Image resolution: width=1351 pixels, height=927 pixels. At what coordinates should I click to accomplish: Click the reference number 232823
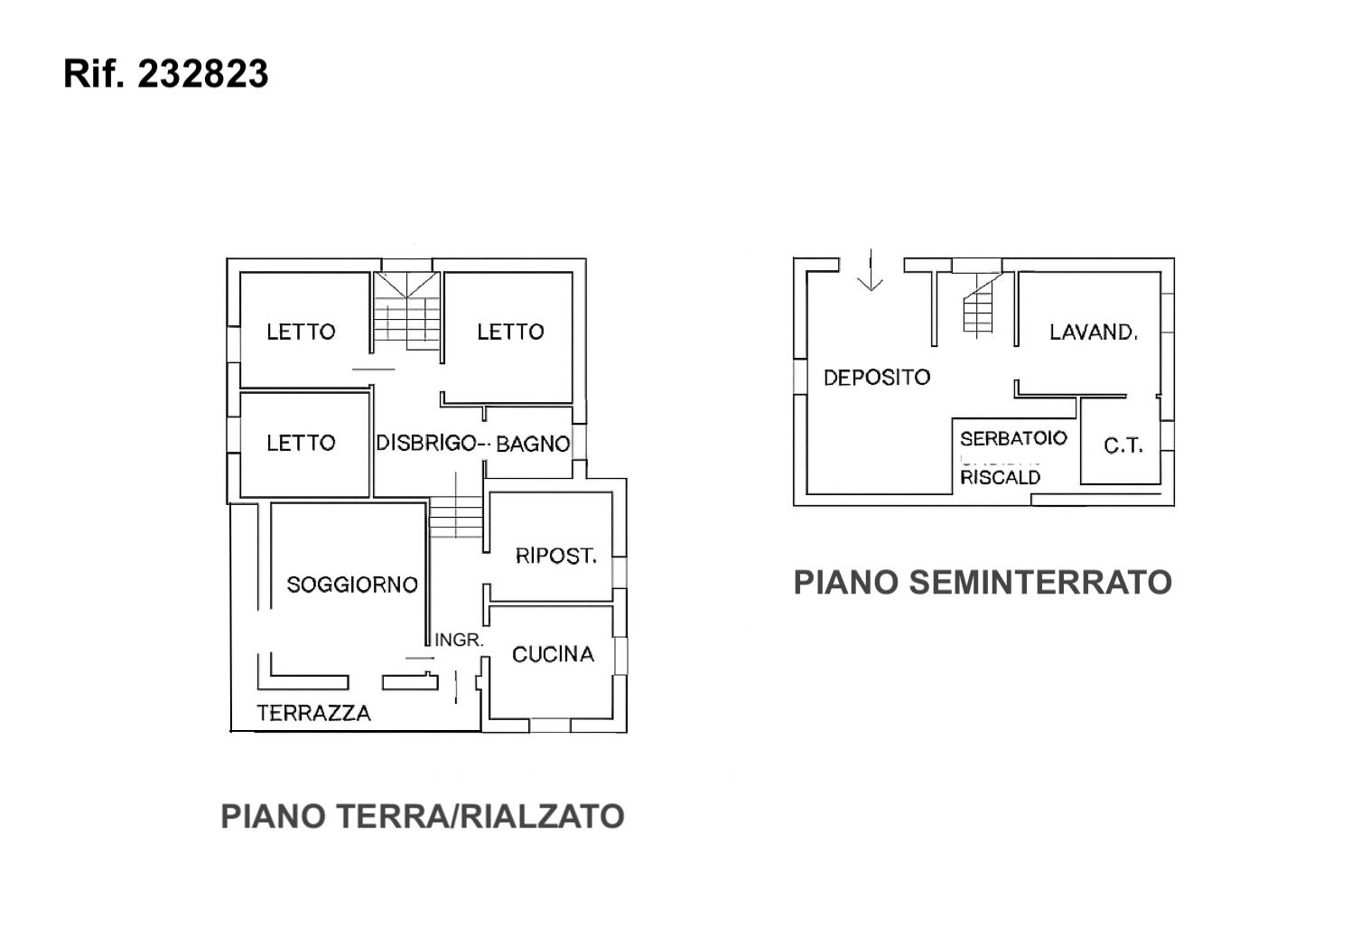(x=202, y=74)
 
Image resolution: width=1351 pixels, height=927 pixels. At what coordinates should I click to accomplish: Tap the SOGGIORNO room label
(x=352, y=585)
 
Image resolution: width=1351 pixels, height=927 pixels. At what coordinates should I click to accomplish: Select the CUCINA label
(x=553, y=654)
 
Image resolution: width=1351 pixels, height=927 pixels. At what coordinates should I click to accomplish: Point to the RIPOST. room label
(x=556, y=556)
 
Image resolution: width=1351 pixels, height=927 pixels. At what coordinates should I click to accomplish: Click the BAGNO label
(x=533, y=444)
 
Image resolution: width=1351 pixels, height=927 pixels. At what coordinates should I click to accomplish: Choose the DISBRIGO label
(x=425, y=443)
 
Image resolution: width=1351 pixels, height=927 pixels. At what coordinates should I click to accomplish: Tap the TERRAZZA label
(x=313, y=713)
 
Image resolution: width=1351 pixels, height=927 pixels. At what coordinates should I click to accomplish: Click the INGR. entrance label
(x=459, y=640)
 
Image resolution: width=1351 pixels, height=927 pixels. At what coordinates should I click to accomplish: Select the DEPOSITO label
(x=876, y=378)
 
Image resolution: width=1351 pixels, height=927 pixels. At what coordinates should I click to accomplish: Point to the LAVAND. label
(x=1093, y=332)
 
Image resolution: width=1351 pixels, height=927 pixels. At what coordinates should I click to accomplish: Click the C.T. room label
(x=1123, y=445)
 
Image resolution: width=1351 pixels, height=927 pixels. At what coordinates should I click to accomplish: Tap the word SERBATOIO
(x=1013, y=439)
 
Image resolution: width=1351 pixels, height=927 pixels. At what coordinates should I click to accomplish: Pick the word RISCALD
(x=1000, y=477)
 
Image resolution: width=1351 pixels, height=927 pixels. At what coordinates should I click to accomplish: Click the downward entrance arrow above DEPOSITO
(x=870, y=271)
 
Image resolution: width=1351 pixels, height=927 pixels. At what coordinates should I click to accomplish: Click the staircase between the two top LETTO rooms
(x=407, y=313)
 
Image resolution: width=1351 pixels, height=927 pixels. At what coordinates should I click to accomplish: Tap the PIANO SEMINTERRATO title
(x=983, y=583)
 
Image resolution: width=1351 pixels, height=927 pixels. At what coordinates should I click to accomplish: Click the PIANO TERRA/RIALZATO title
(x=423, y=817)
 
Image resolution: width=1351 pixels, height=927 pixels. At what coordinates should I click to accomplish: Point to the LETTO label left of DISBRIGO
(x=301, y=443)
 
